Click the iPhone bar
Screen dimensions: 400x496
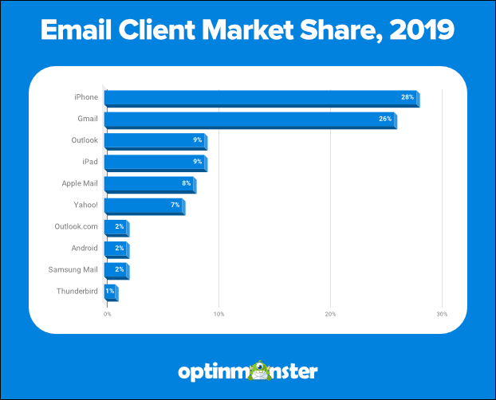(x=262, y=98)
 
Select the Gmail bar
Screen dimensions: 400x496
(x=250, y=120)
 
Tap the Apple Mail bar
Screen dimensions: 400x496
(x=150, y=184)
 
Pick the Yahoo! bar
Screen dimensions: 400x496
(x=144, y=206)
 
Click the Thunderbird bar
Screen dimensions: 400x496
(x=111, y=292)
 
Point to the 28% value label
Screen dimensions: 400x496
(x=407, y=97)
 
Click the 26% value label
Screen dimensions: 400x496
(x=384, y=120)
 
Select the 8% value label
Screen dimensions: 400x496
(x=186, y=184)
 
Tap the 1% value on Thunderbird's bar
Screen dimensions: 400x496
(x=110, y=292)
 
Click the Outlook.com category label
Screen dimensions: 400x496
(x=76, y=227)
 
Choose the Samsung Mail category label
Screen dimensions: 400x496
(x=73, y=270)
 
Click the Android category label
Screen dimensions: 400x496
(x=83, y=249)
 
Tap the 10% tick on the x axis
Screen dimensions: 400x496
(x=218, y=314)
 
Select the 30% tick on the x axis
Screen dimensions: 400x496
(x=442, y=314)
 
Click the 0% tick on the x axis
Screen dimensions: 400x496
(x=107, y=314)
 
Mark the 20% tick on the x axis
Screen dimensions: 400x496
(x=330, y=314)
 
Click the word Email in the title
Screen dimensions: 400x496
(x=80, y=32)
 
